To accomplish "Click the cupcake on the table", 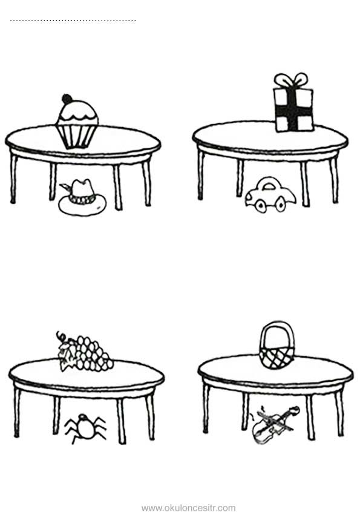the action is [x=77, y=123].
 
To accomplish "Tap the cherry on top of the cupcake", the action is [x=67, y=99].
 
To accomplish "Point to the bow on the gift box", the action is [x=291, y=80].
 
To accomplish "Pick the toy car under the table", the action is [x=270, y=195].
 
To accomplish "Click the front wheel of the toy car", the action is [x=260, y=206].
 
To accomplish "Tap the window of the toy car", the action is [x=269, y=186].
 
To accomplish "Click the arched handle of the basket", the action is [x=277, y=323].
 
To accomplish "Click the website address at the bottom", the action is [x=189, y=508].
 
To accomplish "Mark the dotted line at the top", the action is [x=73, y=21].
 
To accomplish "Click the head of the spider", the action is [x=82, y=418].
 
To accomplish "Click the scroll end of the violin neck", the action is [x=296, y=410].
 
